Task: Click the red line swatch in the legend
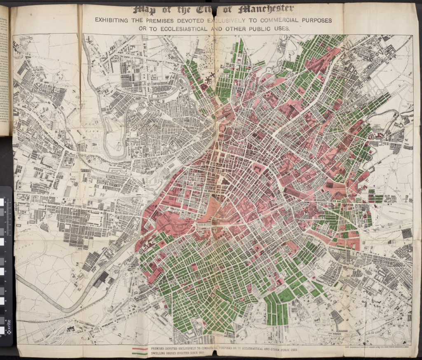[140, 348]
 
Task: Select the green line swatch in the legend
[140, 353]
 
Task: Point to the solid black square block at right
[406, 233]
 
